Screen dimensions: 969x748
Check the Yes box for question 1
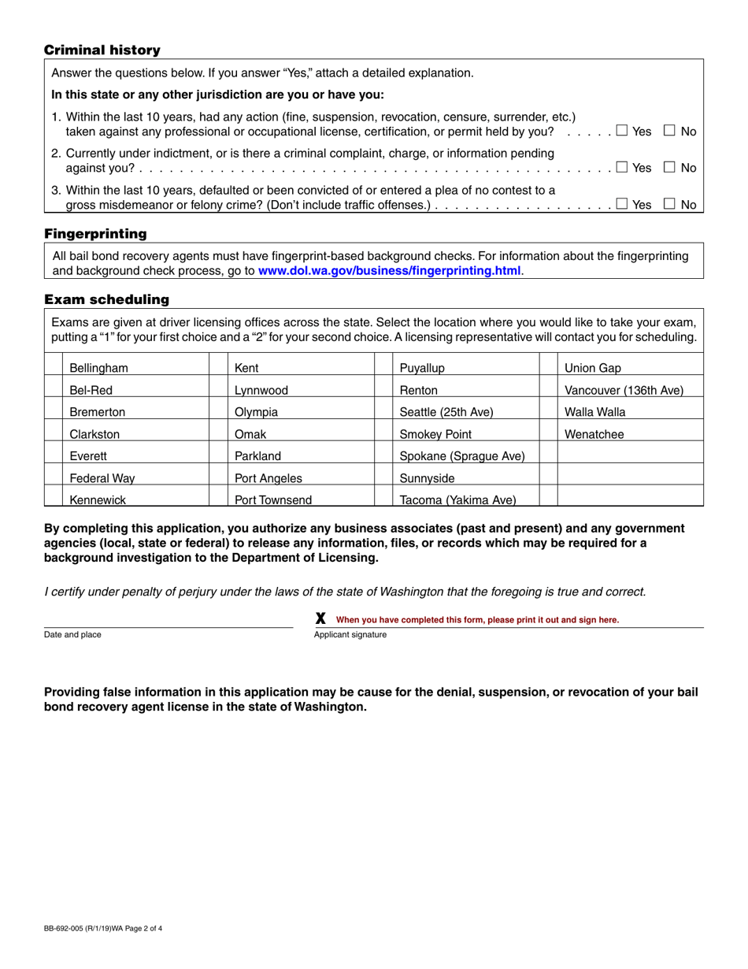pyautogui.click(x=622, y=131)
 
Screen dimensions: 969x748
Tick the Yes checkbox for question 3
pyautogui.click(x=622, y=204)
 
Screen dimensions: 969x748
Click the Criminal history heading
pyautogui.click(x=102, y=50)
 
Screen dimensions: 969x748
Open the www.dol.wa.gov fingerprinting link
pyautogui.click(x=390, y=271)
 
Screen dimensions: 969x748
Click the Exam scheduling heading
pyautogui.click(x=106, y=299)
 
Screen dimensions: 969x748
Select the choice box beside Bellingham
pyautogui.click(x=53, y=368)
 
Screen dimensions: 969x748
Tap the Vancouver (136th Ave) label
pyautogui.click(x=624, y=390)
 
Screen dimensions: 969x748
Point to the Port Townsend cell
pyautogui.click(x=273, y=499)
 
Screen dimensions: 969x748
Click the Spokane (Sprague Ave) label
pyautogui.click(x=462, y=455)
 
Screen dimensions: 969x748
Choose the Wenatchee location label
pyautogui.click(x=594, y=433)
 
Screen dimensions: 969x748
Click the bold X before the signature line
pyautogui.click(x=320, y=619)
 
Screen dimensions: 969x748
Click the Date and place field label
pyautogui.click(x=72, y=634)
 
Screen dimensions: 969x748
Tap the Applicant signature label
pyautogui.click(x=350, y=634)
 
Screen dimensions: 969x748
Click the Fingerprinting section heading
pyautogui.click(x=95, y=234)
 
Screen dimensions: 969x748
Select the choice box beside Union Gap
pyautogui.click(x=549, y=368)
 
